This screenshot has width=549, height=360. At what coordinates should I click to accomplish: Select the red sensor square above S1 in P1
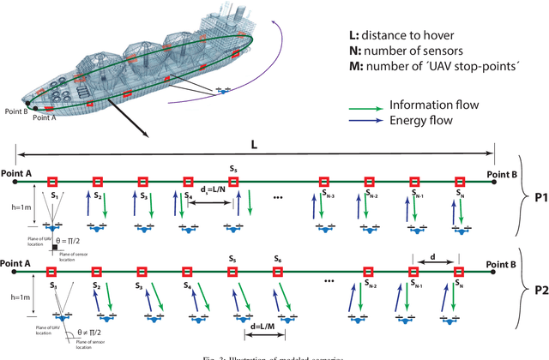coord(52,181)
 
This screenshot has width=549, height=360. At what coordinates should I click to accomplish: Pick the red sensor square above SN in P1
coord(460,181)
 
